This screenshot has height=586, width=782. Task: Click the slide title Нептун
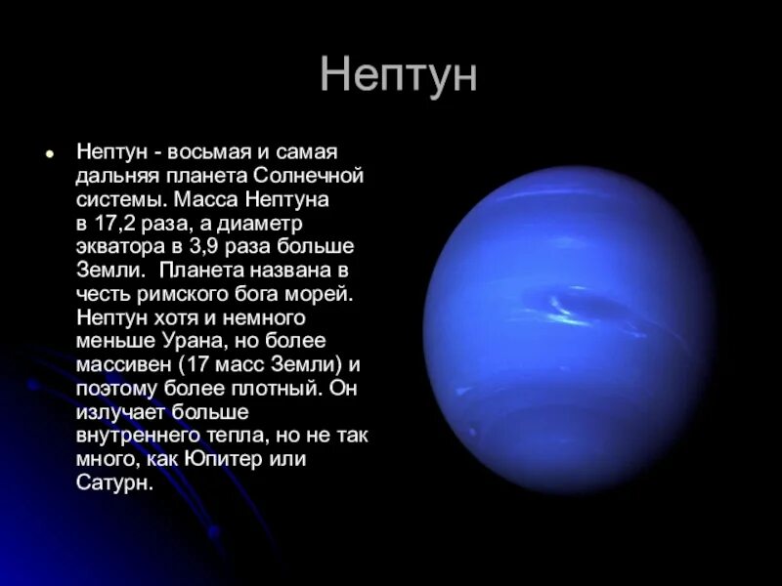(398, 76)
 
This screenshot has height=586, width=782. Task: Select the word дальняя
(113, 178)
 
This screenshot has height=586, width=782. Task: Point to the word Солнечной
(308, 178)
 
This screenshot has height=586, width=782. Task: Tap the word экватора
(118, 247)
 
